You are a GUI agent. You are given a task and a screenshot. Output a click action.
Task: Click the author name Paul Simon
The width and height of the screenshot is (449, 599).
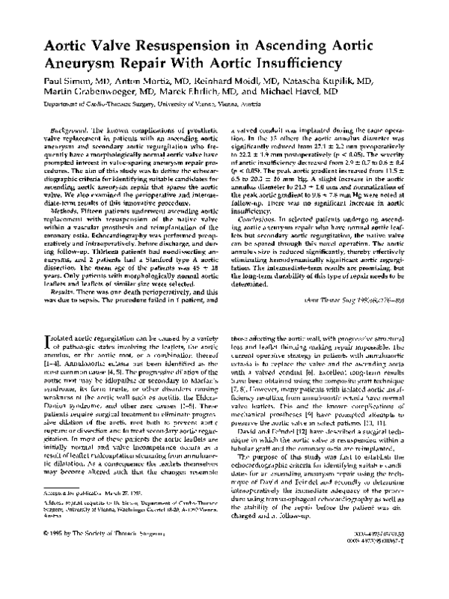[x=68, y=82]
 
